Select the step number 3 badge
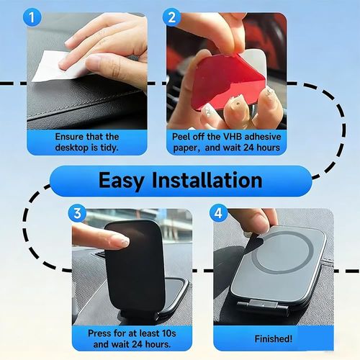pyautogui.click(x=78, y=213)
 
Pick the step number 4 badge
pyautogui.click(x=218, y=213)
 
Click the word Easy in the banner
pyautogui.click(x=125, y=179)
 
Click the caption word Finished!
pyautogui.click(x=274, y=338)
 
